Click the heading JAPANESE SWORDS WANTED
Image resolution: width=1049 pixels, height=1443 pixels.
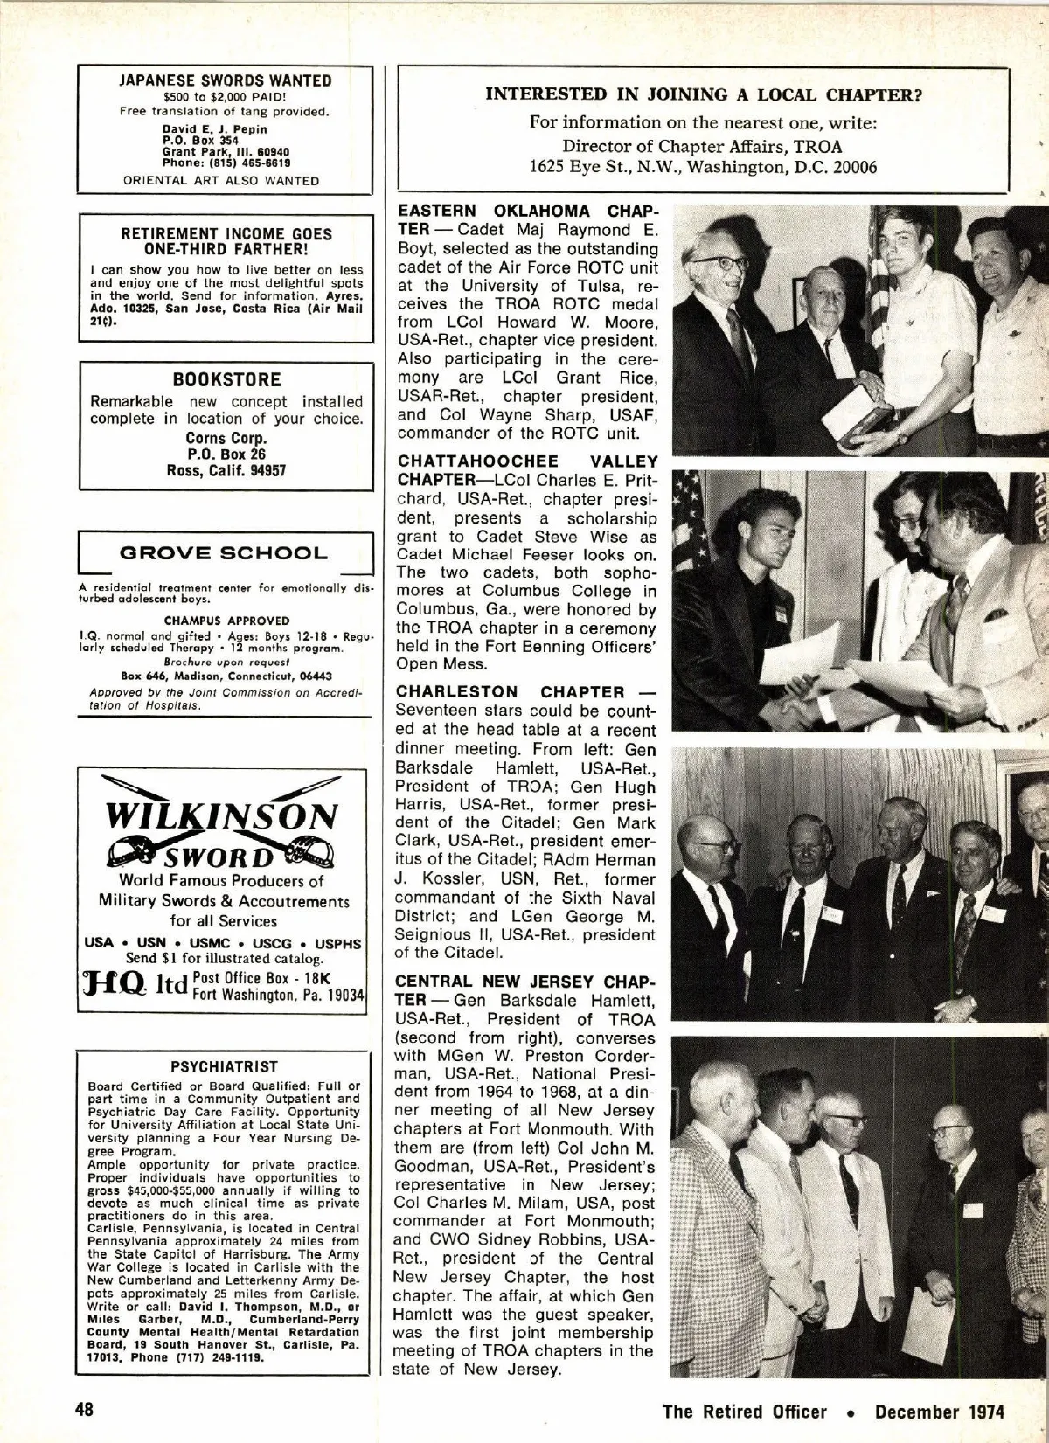pos(226,80)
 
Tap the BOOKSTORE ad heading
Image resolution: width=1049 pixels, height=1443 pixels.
pos(226,380)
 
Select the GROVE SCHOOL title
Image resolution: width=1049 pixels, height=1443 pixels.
pos(223,553)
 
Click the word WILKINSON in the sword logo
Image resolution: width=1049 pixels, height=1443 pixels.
pos(220,816)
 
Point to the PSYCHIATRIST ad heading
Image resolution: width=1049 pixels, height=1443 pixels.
pos(225,1066)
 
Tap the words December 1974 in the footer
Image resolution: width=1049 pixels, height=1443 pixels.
pos(940,1412)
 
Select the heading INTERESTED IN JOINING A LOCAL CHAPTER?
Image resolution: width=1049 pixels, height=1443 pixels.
pos(705,94)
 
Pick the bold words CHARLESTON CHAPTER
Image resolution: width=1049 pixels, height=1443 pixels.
pos(511,693)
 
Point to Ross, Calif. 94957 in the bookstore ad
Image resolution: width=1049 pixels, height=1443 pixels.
pos(226,471)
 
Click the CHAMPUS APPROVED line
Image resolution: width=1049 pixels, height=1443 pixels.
pos(226,621)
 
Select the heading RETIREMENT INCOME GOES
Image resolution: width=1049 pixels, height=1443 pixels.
pos(226,234)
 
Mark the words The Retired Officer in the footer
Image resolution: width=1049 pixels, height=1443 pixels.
pos(744,1412)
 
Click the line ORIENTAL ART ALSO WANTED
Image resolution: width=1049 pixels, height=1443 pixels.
pos(221,181)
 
